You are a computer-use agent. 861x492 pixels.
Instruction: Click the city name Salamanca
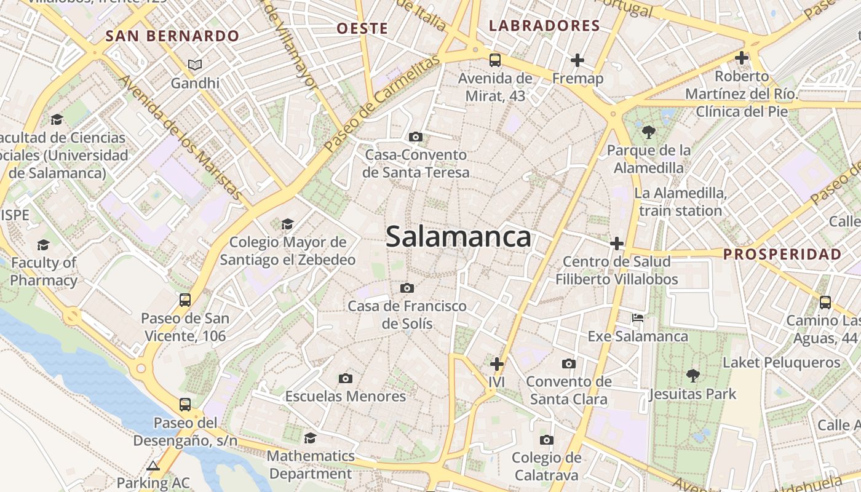pos(458,237)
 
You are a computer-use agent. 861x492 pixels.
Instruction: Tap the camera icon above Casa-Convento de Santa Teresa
pos(416,137)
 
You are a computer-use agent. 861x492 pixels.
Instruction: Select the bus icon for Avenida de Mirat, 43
pos(495,60)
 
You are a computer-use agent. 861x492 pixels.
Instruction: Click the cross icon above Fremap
pos(577,60)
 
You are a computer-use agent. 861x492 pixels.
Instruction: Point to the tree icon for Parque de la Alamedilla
pos(648,132)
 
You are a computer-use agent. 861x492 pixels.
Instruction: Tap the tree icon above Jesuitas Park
pos(692,375)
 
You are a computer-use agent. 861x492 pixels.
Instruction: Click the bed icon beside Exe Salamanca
pos(638,318)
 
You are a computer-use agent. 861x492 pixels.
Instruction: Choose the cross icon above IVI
pos(496,364)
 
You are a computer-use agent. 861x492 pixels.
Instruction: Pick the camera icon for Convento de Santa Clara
pos(569,363)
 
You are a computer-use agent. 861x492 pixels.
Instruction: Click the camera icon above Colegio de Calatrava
pos(546,440)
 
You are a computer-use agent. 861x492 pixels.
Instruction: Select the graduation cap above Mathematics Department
pos(311,438)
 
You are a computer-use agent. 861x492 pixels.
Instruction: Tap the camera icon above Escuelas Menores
pos(346,378)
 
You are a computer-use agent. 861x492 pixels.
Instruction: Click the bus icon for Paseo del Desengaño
pos(184,405)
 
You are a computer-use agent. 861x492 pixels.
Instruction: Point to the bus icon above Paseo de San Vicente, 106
pos(184,300)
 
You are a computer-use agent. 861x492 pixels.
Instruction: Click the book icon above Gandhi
pos(195,65)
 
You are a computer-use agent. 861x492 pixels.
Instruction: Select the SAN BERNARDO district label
pos(172,36)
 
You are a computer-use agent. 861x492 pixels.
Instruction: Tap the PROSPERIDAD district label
pos(782,254)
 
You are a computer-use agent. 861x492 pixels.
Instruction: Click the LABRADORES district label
pos(544,26)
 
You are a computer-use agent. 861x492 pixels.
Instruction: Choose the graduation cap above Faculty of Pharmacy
pos(43,245)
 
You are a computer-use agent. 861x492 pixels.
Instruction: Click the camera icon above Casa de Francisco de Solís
pos(407,288)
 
